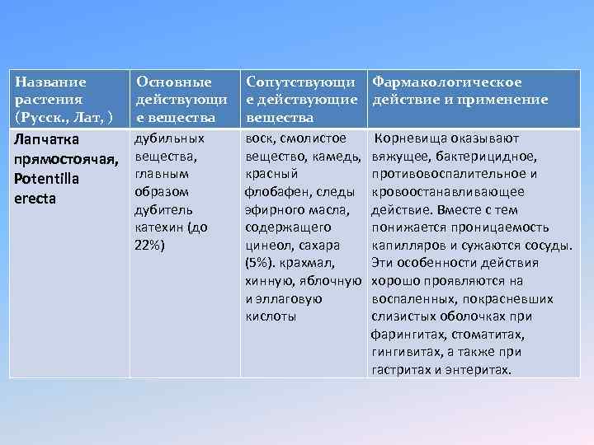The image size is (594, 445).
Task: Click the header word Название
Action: (x=50, y=82)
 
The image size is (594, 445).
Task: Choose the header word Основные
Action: (x=173, y=82)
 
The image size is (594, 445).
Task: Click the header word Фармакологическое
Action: (x=446, y=82)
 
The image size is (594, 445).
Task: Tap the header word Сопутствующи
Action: (x=300, y=82)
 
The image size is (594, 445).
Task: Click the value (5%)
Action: (x=262, y=263)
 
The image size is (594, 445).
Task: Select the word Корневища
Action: (x=414, y=138)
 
